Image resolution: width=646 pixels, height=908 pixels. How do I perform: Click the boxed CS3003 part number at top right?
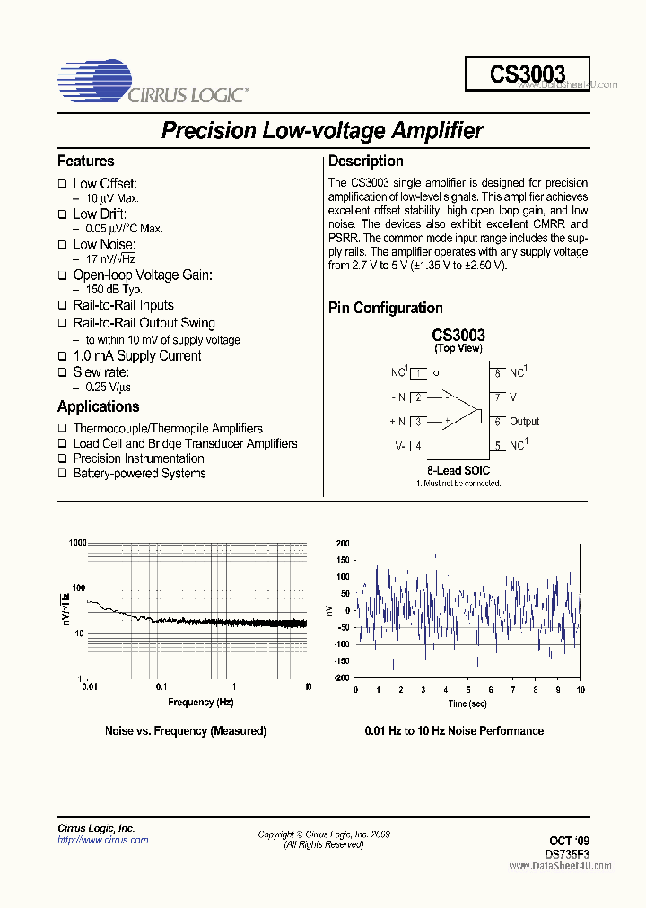528,74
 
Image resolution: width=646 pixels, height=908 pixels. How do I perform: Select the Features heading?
86,162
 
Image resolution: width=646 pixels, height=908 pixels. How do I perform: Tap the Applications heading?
98,406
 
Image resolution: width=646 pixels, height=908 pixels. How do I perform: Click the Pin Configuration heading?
386,308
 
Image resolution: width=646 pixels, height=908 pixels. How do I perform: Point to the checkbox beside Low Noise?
63,245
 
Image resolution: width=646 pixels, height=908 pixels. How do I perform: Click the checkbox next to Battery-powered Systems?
63,474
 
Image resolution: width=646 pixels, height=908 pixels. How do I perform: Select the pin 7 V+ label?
517,397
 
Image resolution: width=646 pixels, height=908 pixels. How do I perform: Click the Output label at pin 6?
525,422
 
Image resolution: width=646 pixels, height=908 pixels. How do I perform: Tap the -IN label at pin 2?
397,397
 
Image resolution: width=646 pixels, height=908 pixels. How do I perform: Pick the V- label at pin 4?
399,446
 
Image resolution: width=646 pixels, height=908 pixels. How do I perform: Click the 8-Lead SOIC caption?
458,470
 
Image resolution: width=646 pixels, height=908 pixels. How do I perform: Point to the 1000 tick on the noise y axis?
76,543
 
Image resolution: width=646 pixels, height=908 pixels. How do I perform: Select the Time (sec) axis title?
468,704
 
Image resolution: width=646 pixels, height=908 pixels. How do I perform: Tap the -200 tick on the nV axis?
341,678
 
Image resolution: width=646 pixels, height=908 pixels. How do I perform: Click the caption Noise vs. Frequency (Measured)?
186,731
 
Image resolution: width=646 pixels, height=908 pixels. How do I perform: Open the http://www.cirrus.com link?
102,841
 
